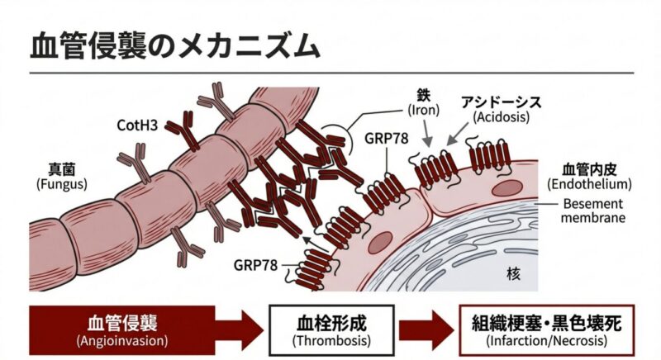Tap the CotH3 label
(139, 126)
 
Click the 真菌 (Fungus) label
(61, 176)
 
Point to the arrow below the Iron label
(426, 131)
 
